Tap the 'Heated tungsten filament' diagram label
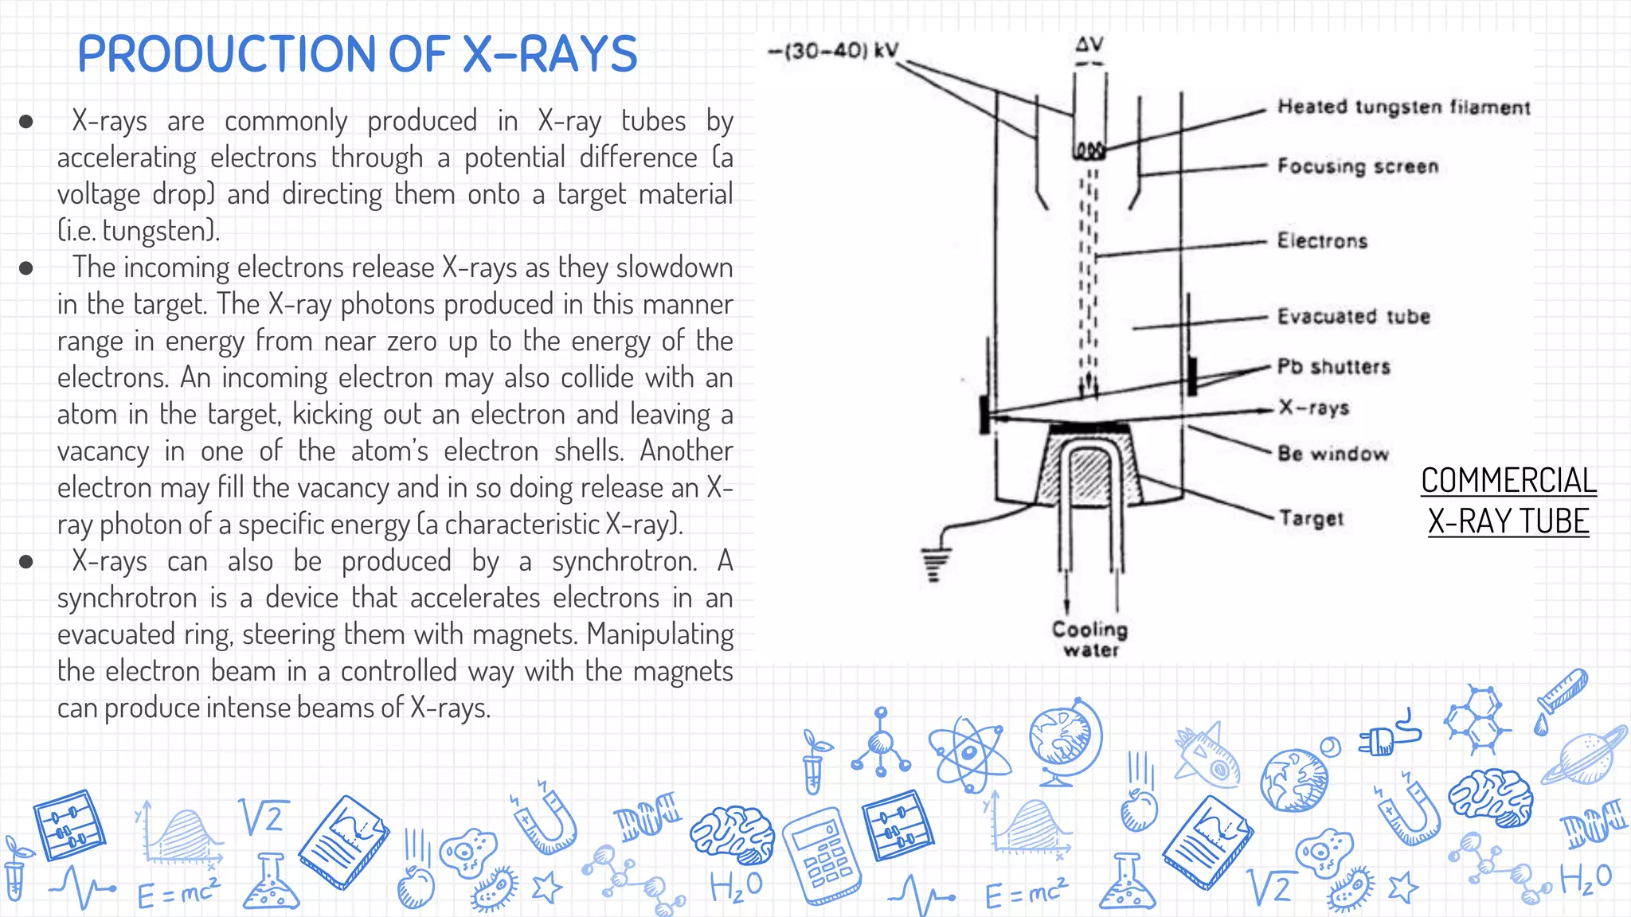1403,107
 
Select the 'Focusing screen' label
1358,166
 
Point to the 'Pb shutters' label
1334,367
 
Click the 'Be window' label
1333,454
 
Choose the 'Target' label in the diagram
1311,518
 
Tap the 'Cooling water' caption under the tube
1090,639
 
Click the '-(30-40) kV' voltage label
833,52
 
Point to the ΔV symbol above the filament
1089,45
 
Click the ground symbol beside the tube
935,564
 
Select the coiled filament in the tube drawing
1089,150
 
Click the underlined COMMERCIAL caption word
1508,481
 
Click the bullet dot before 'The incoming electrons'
26,268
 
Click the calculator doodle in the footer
823,857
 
